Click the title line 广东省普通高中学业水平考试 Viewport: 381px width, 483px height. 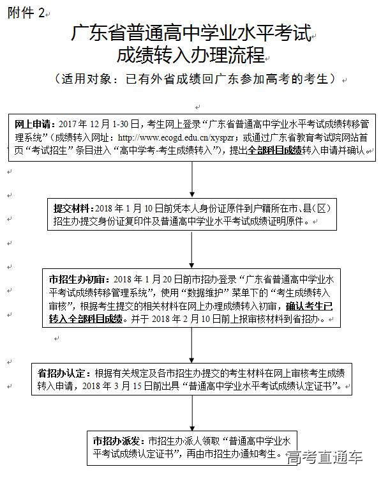point(191,33)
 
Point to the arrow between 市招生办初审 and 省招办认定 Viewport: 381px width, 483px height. point(192,345)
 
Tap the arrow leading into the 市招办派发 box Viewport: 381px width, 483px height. point(192,413)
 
